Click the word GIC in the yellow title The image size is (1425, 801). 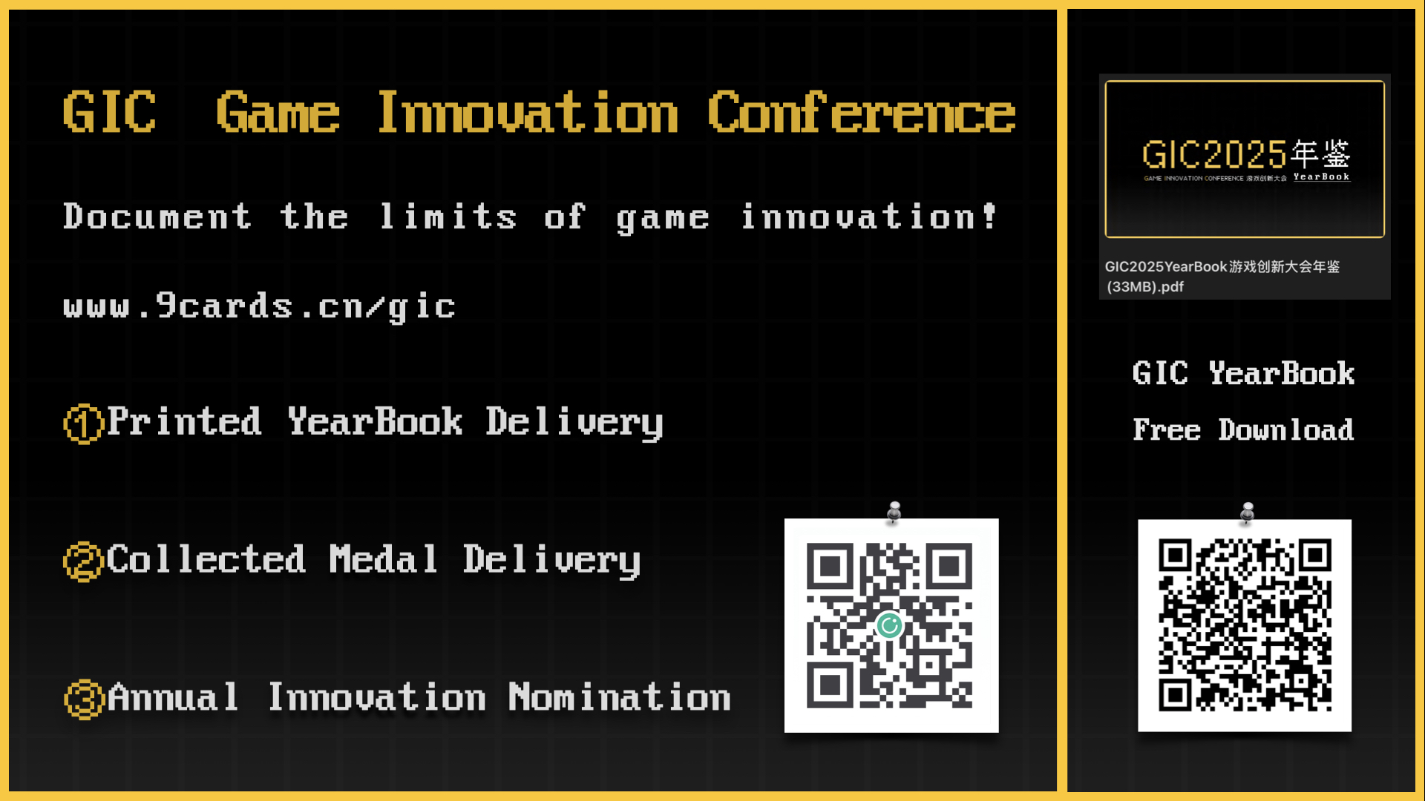point(110,113)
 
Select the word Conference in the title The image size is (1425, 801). point(861,113)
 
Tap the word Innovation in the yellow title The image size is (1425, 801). point(528,113)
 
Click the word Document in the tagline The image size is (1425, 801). point(157,217)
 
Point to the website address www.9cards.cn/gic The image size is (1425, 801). point(259,306)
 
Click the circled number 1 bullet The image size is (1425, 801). point(83,423)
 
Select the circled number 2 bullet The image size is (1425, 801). point(83,561)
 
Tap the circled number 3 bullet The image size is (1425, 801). point(83,699)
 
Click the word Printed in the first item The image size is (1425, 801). point(185,421)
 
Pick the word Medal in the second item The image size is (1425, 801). point(383,559)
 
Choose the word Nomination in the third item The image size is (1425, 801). point(620,697)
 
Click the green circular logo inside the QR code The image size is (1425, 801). point(889,626)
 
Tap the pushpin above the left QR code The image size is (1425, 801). point(894,512)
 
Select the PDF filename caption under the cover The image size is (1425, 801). point(1222,276)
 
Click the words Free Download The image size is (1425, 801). point(1243,430)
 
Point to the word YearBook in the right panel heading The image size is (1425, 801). point(1282,373)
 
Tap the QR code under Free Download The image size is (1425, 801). point(1245,625)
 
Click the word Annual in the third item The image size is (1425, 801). point(173,697)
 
